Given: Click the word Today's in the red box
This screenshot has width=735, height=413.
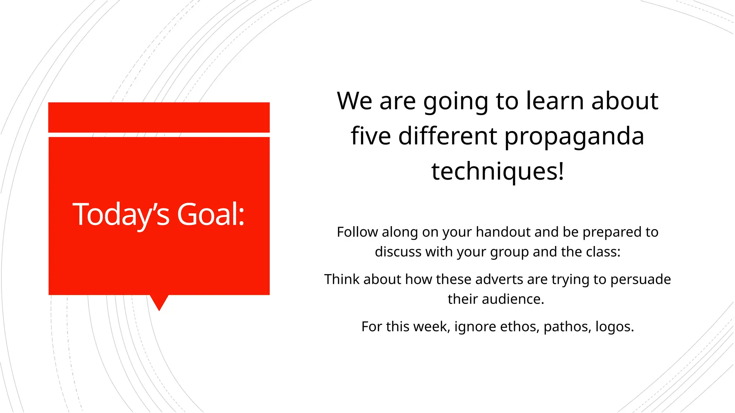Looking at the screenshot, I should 121,214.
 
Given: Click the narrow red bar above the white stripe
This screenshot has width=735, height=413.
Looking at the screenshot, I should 159,117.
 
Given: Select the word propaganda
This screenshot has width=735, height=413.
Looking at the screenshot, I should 574,137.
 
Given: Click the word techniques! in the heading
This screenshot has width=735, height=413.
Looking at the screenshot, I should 498,171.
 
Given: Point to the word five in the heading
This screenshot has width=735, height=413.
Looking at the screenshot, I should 371,137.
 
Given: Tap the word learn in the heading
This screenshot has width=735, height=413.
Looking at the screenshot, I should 555,101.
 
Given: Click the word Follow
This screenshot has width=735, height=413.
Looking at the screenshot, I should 357,232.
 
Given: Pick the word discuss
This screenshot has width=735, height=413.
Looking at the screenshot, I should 398,252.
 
